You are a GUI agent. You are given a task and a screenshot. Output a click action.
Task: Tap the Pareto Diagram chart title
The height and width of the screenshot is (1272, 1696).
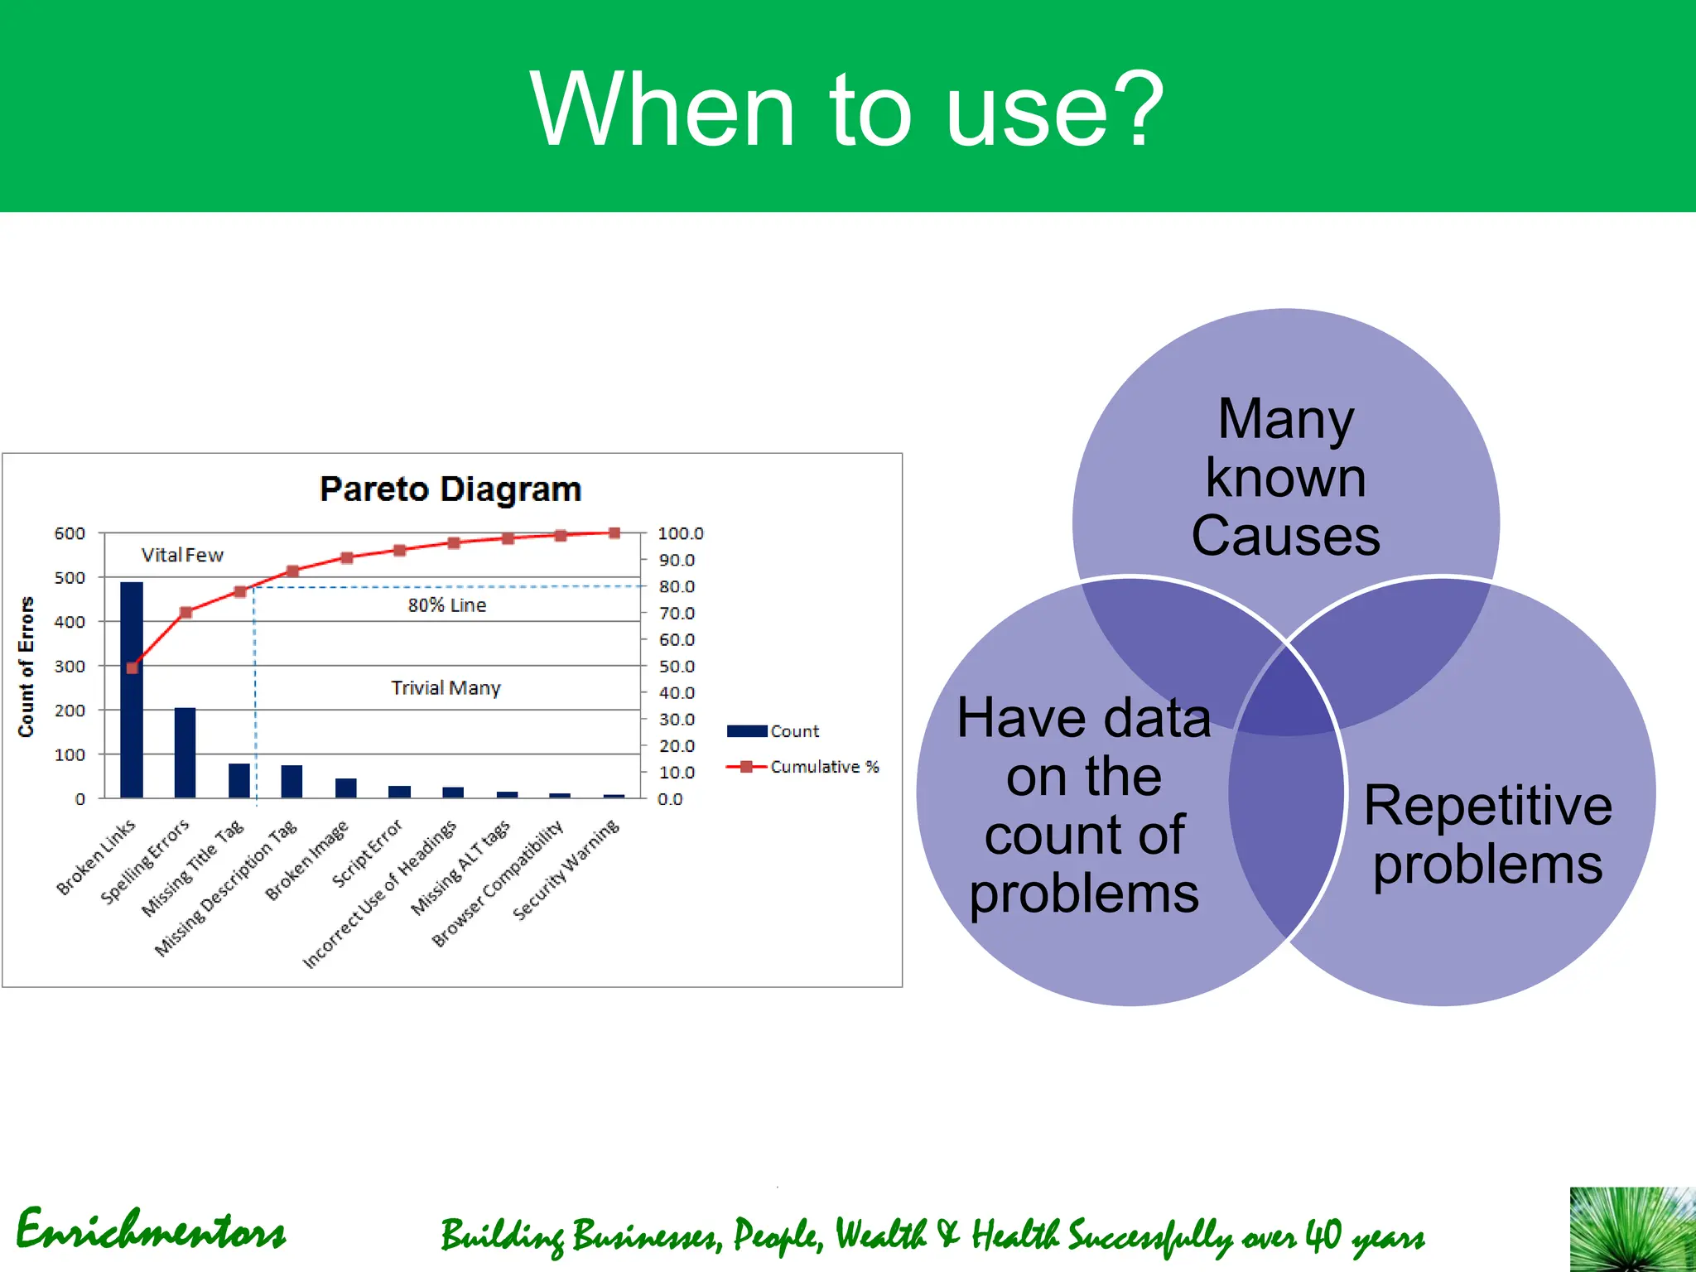pos(450,489)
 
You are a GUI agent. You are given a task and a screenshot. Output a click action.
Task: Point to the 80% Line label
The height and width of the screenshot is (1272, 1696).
pos(446,605)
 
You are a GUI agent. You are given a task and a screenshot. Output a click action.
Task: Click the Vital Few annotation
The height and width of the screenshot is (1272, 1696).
pos(182,555)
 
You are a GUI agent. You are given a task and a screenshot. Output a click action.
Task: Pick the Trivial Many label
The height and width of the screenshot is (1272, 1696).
pos(446,688)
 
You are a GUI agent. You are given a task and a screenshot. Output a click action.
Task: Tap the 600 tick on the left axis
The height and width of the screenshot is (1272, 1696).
pos(70,533)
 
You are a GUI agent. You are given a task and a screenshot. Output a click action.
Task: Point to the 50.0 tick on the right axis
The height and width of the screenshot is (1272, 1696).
pos(676,667)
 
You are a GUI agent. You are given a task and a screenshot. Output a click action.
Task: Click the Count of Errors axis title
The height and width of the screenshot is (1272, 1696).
pos(26,667)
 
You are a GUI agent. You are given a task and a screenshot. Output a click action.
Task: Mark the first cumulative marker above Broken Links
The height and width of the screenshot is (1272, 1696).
pos(132,667)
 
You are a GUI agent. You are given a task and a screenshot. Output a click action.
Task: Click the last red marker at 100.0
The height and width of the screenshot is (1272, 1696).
pos(614,533)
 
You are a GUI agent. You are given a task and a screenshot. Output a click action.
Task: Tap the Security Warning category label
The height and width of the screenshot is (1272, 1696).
pos(566,870)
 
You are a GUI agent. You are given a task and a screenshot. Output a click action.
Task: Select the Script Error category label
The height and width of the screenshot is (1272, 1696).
pos(367,853)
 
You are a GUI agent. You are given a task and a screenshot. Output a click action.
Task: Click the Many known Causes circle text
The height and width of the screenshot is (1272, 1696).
pos(1285,478)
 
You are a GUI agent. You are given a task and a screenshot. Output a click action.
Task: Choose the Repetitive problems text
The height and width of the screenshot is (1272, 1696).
pos(1487,835)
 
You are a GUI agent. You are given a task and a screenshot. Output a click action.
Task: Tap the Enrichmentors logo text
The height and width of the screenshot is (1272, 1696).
pos(151,1231)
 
